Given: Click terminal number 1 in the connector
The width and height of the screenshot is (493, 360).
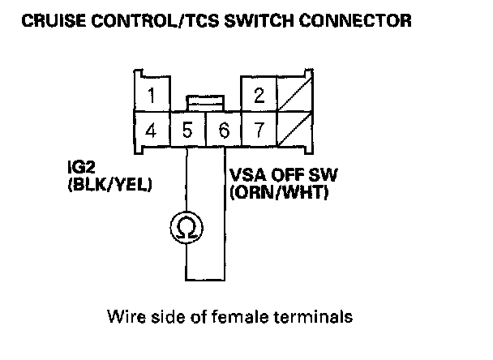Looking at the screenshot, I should pyautogui.click(x=152, y=96).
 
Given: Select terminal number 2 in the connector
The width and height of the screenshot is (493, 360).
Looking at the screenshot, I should pyautogui.click(x=259, y=96).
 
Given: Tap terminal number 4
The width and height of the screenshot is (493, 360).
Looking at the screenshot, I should pyautogui.click(x=152, y=129).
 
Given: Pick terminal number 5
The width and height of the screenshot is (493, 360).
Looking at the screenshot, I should pyautogui.click(x=187, y=129).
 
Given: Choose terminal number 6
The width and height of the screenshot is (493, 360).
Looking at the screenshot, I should pyautogui.click(x=223, y=129).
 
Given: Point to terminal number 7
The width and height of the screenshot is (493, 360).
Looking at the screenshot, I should pyautogui.click(x=259, y=129).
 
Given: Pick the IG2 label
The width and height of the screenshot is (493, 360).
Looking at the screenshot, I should pyautogui.click(x=79, y=172).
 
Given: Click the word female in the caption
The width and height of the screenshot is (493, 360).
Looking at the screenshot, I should pyautogui.click(x=230, y=316).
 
